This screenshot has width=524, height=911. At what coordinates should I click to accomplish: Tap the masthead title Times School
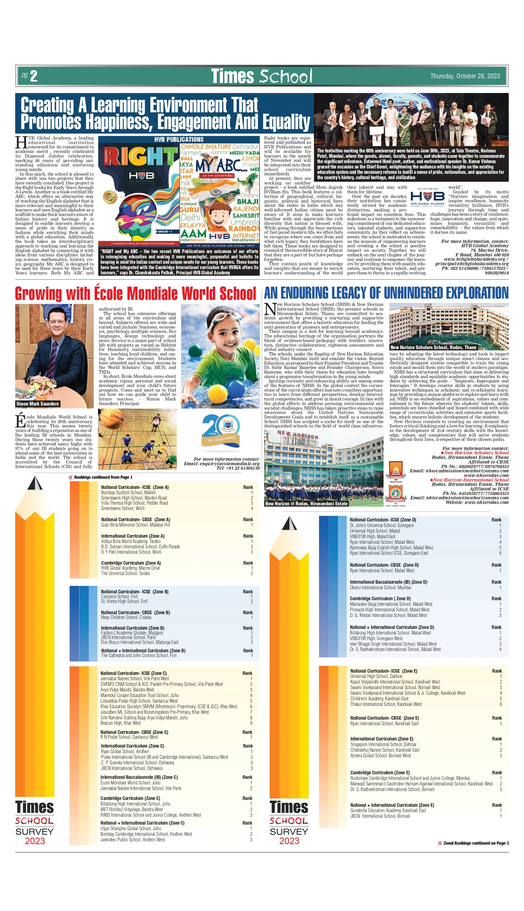(x=261, y=76)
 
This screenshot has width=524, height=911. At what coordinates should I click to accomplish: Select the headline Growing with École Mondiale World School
(x=135, y=293)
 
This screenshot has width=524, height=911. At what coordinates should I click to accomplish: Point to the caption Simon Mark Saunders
(x=37, y=404)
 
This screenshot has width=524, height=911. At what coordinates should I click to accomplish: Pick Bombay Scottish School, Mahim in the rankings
(x=129, y=492)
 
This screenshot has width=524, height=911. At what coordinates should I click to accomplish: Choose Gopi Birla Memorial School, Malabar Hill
(x=135, y=525)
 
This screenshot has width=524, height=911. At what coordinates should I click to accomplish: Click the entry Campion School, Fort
(x=119, y=596)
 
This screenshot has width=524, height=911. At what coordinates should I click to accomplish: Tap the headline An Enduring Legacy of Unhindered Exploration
(x=386, y=293)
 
